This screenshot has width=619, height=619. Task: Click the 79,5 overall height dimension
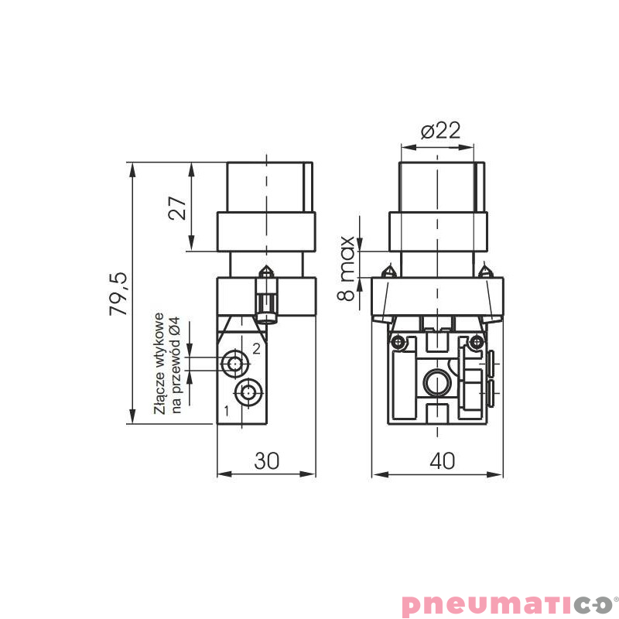click(x=118, y=293)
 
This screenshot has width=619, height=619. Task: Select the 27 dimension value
click(x=179, y=207)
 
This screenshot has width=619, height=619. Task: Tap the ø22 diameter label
click(x=440, y=130)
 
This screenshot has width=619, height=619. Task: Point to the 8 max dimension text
click(x=347, y=268)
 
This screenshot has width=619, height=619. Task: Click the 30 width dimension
click(x=267, y=460)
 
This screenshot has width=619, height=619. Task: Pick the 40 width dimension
click(x=442, y=460)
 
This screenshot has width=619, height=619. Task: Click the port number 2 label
click(x=257, y=349)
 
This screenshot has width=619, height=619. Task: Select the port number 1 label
click(x=226, y=411)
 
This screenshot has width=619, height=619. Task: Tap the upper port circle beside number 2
click(x=234, y=361)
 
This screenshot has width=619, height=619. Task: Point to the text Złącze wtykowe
click(x=159, y=363)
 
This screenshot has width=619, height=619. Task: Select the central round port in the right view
click(x=436, y=382)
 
